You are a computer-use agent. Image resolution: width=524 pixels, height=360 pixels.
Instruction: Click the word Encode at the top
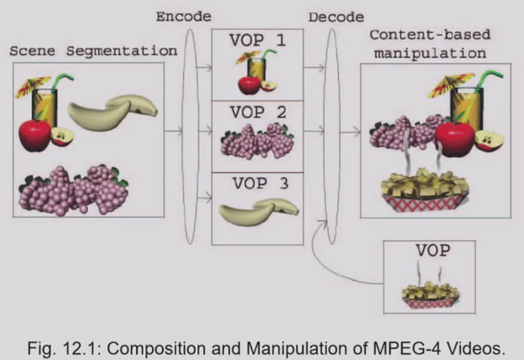click(x=185, y=16)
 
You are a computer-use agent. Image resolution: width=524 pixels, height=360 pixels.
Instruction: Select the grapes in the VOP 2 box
click(x=256, y=140)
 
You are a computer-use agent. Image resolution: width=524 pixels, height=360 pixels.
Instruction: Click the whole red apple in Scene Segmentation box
click(x=35, y=135)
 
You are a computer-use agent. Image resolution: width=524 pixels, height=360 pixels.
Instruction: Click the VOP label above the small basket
click(x=430, y=252)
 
